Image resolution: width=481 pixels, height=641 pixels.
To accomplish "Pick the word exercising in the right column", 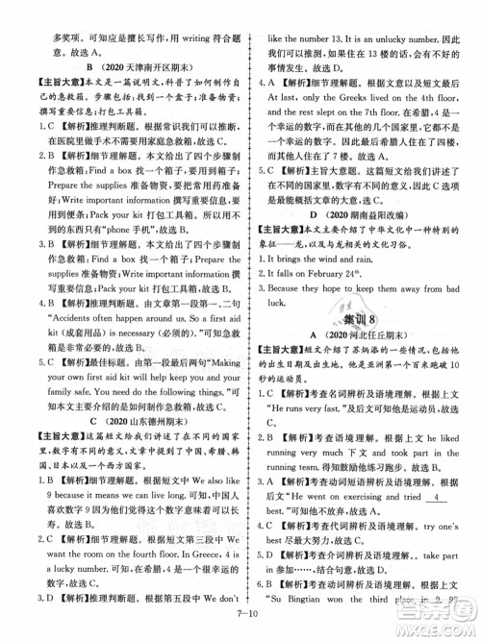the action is (x=377, y=505).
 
